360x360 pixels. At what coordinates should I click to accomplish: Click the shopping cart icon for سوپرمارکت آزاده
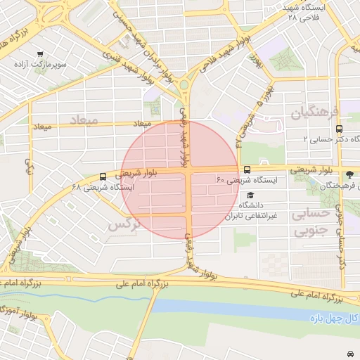40,54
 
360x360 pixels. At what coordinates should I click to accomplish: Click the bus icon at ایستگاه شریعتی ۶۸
103,176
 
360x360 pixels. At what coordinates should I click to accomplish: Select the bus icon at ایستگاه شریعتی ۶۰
247,169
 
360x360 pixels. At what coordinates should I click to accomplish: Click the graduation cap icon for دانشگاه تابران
250,195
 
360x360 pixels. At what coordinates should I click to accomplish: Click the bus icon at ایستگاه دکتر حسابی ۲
340,129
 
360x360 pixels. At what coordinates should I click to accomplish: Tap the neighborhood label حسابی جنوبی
310,221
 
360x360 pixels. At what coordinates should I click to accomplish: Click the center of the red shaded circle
180,180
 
